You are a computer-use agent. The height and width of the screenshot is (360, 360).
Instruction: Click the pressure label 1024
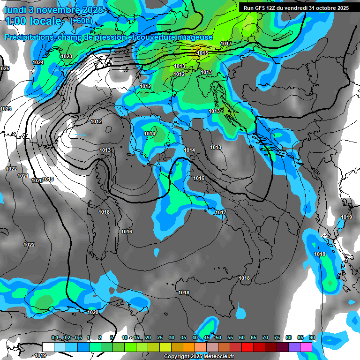[x=38, y=62]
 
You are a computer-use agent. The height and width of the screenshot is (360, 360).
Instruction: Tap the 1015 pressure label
[x=202, y=53]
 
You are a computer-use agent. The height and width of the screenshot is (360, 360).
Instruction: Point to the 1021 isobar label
[x=22, y=176]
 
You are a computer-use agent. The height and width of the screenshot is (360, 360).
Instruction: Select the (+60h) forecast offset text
[x=81, y=21]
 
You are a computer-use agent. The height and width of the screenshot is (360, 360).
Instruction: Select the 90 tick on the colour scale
[x=312, y=337]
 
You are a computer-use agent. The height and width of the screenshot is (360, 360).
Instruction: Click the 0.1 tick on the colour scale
[x=55, y=337]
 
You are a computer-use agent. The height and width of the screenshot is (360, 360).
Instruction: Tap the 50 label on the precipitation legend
[x=218, y=337]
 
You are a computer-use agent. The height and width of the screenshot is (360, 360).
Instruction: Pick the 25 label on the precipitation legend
[x=159, y=337]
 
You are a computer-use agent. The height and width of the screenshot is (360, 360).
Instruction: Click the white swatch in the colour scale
[x=48, y=347]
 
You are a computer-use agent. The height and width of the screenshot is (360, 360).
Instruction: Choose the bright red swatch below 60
[x=247, y=347]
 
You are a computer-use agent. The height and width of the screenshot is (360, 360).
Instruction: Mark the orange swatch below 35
[x=189, y=347]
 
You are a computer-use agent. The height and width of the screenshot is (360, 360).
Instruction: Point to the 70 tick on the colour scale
[x=265, y=337]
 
